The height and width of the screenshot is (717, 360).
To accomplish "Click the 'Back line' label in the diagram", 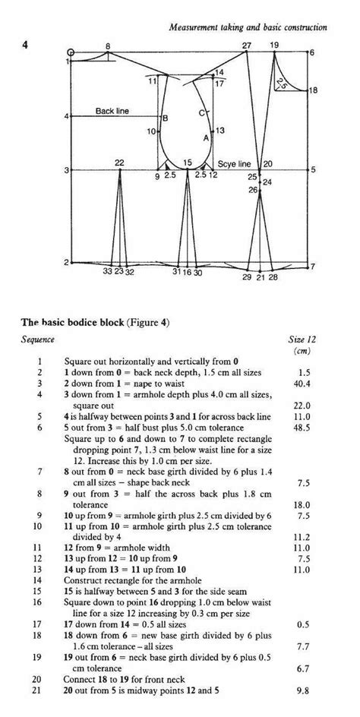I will coord(112,111).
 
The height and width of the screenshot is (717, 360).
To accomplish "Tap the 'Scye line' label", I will coord(234,163).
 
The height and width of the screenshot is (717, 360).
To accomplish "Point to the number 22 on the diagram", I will coord(119,163).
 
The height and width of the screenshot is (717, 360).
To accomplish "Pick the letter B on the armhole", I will coord(166,117).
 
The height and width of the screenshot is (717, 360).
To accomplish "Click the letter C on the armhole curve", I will coord(202,112).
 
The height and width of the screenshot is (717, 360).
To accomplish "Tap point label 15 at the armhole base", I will coord(188,163).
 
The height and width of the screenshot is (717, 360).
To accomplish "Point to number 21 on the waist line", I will coord(260,279).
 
